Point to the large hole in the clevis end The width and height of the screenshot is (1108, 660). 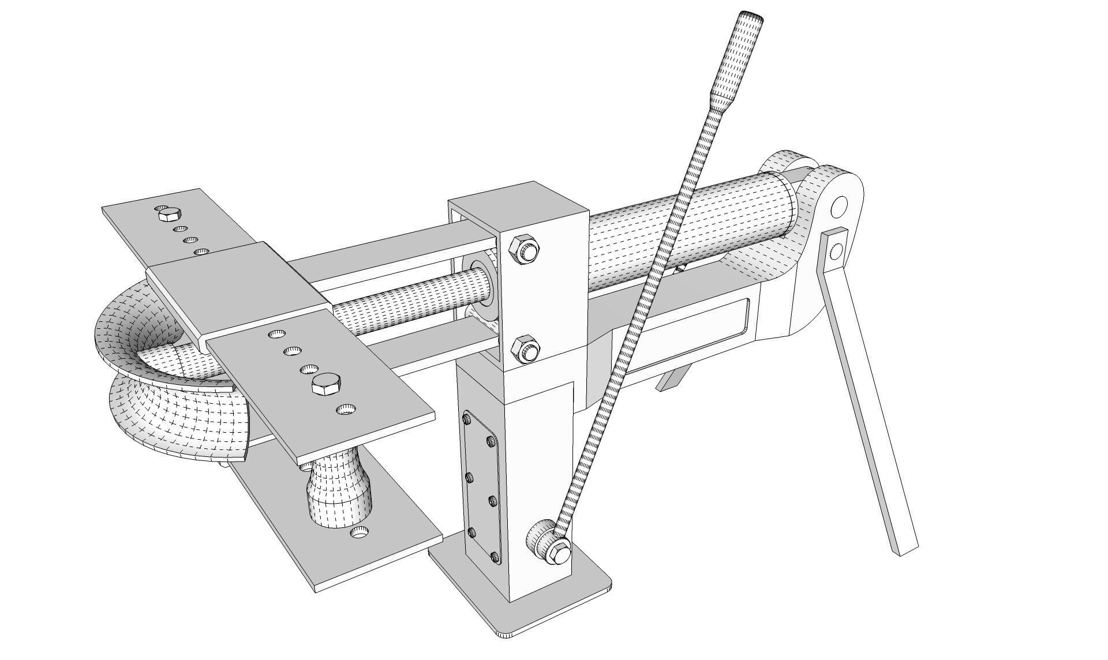pos(840,205)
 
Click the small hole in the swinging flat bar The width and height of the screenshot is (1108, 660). pos(836,251)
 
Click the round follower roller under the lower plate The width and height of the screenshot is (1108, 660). pos(340,490)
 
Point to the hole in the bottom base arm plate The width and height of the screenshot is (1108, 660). pos(361,533)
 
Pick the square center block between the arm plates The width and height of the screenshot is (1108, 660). pos(237,288)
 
